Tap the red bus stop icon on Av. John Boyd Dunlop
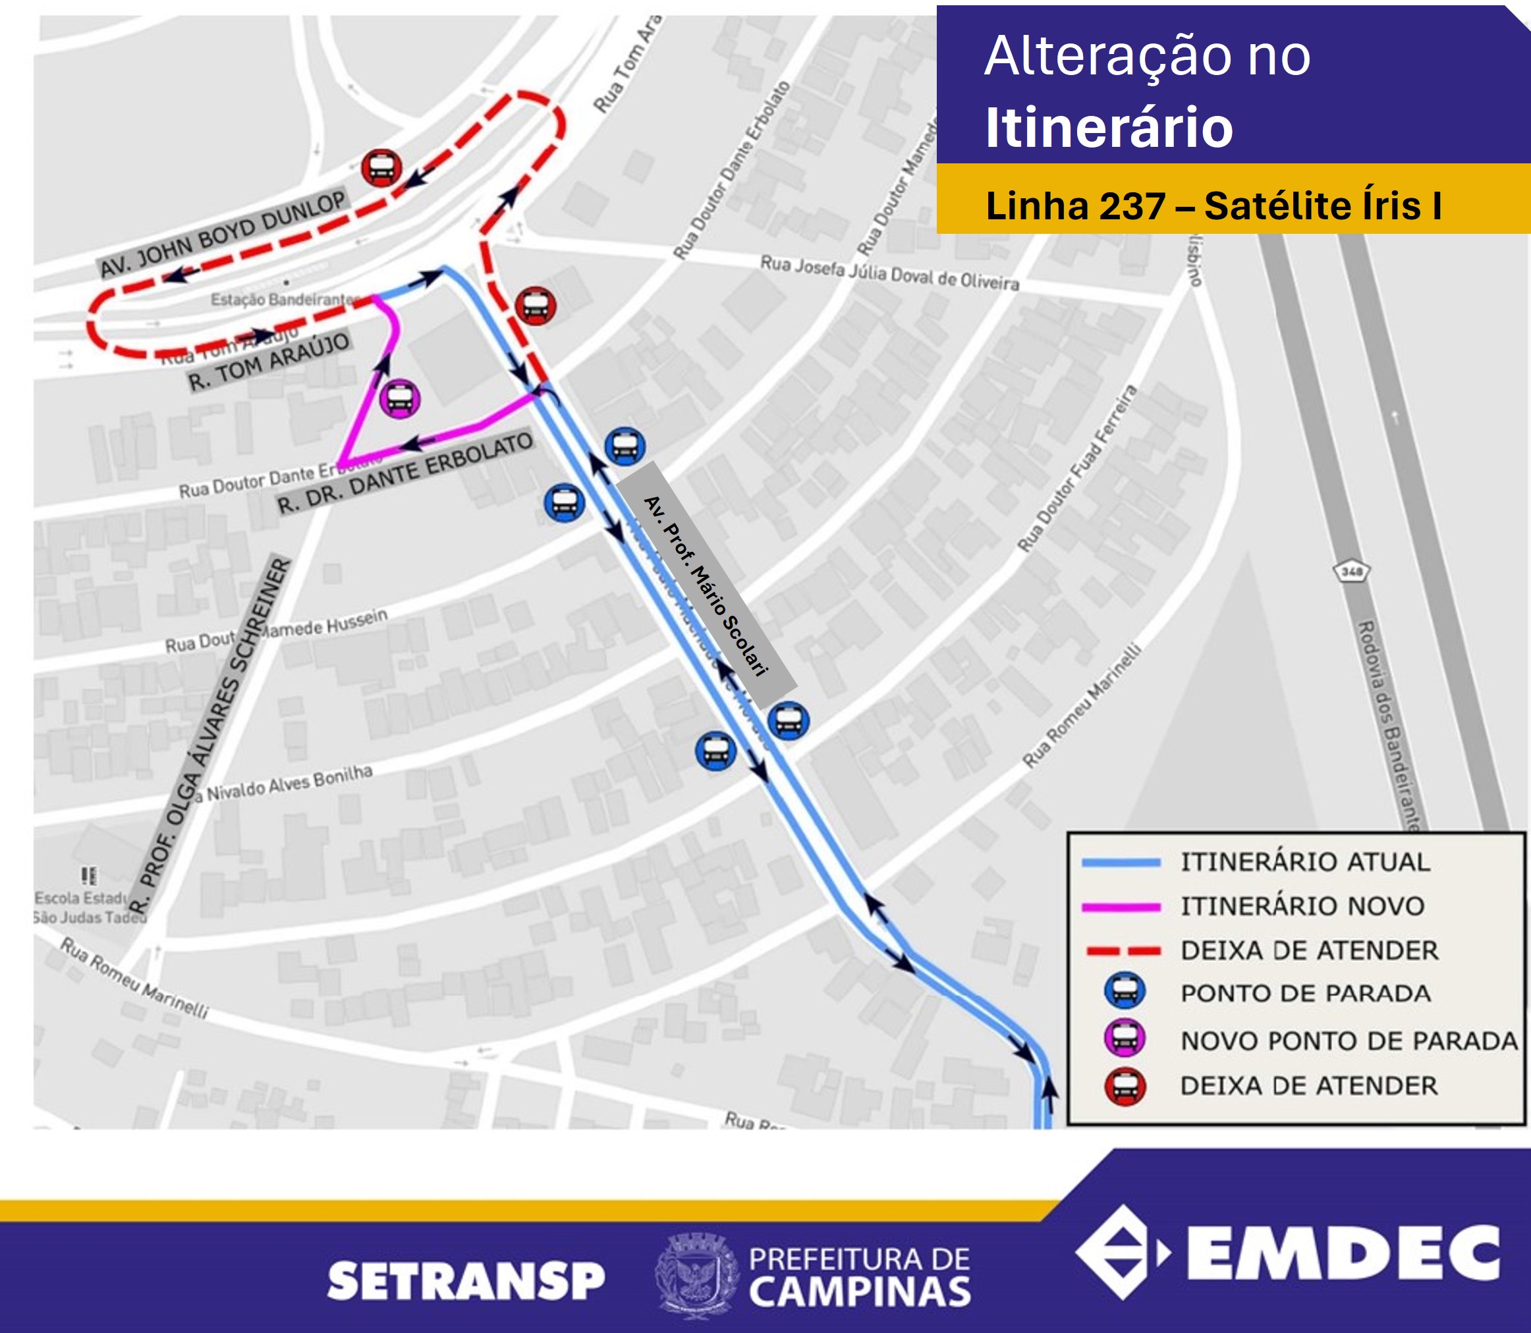pos(381,168)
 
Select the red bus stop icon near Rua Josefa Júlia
pos(535,305)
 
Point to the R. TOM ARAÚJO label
pos(269,362)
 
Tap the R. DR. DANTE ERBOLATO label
pos(405,472)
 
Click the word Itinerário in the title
pos(1109,127)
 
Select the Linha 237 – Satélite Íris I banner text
pos(1213,205)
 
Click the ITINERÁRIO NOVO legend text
pos(1302,906)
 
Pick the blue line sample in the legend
pos(1121,863)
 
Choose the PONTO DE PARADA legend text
pos(1306,993)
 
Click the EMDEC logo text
pos(1342,1253)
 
